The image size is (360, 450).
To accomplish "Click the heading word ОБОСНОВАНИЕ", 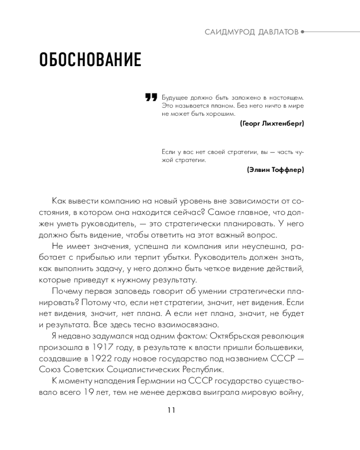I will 90,60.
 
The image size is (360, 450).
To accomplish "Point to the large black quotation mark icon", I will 151,98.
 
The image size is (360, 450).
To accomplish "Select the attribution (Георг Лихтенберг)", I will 272,123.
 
